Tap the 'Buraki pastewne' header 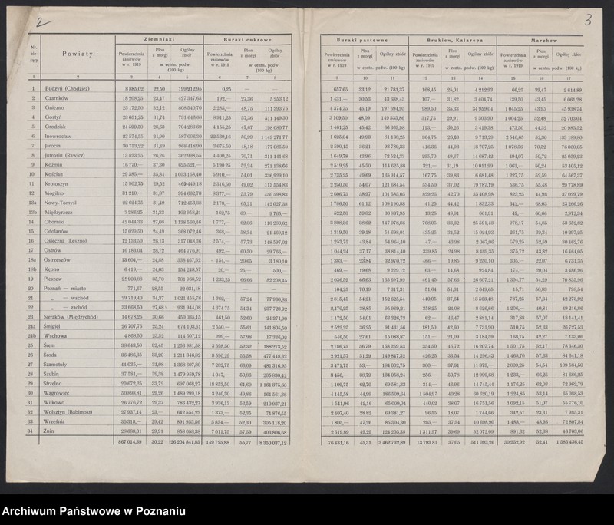(365, 39)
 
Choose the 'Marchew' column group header (542, 39)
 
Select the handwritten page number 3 (587, 20)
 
